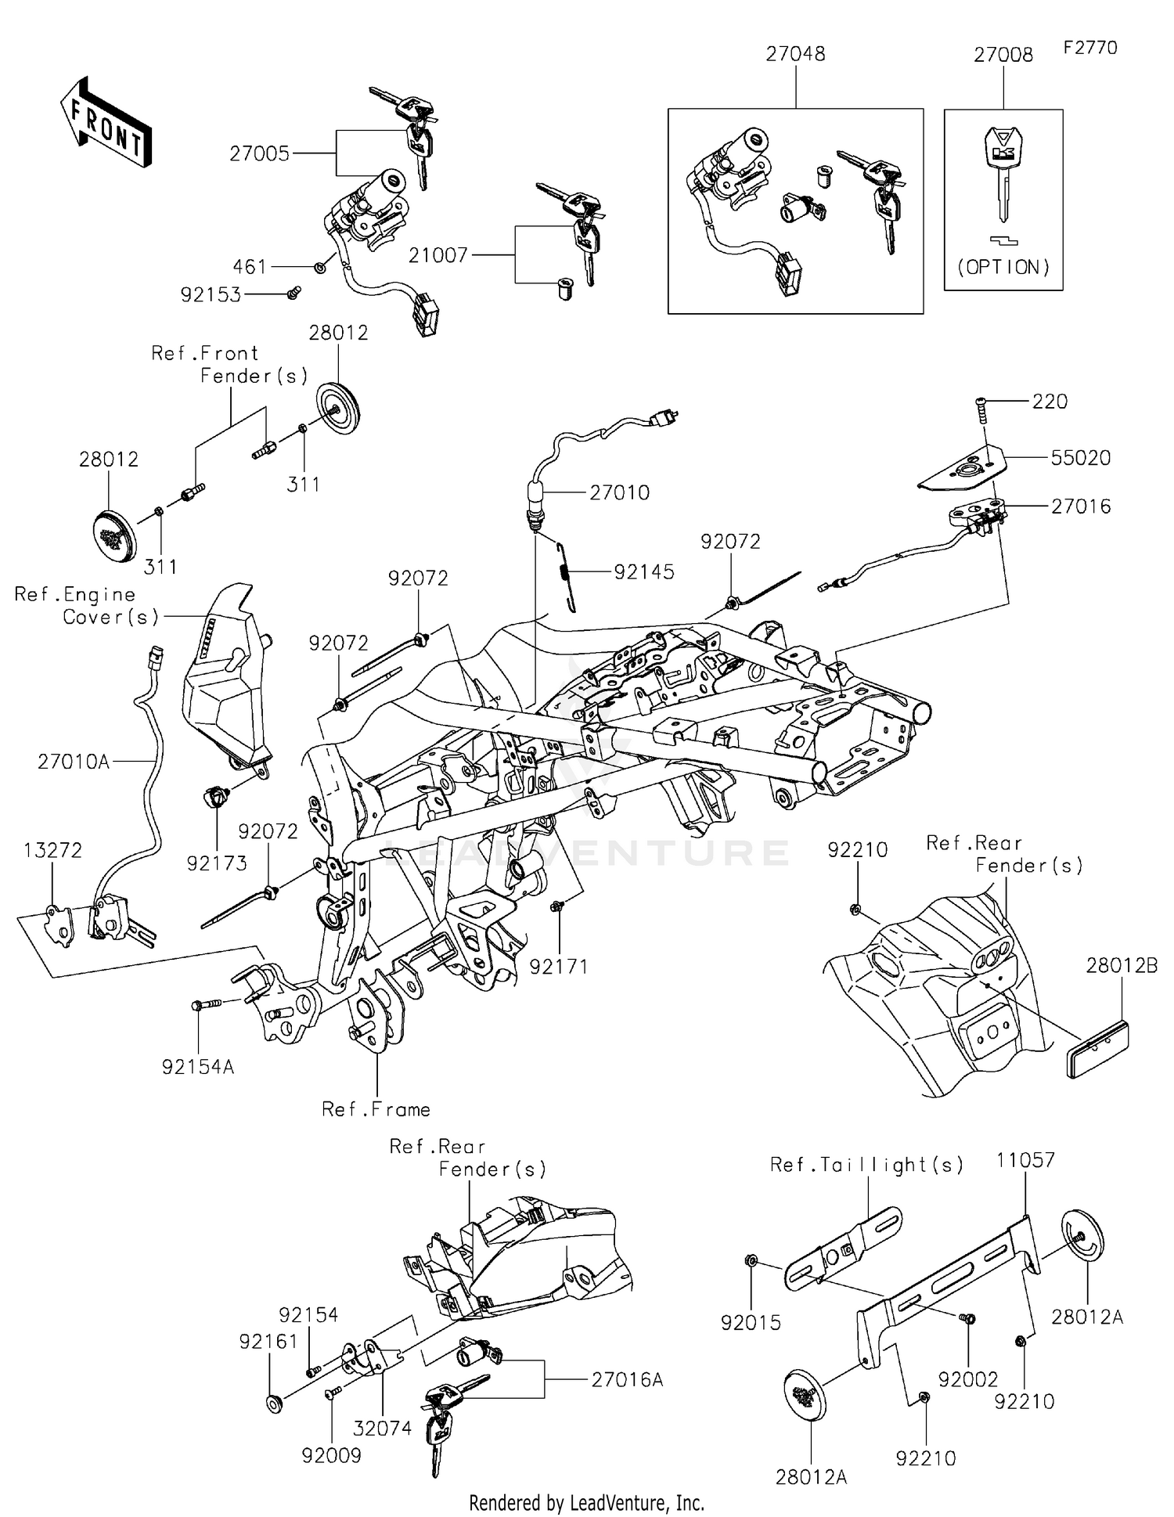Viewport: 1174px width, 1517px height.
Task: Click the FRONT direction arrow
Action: tap(105, 122)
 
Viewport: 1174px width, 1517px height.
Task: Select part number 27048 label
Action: tap(795, 54)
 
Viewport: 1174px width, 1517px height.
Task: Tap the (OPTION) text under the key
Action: tap(1003, 267)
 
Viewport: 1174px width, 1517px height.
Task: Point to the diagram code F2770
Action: tap(1090, 48)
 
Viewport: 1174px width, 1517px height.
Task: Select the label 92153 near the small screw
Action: tap(211, 295)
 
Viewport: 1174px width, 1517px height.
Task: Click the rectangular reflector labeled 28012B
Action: tap(1098, 1048)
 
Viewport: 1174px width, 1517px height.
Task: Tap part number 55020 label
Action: tap(1080, 458)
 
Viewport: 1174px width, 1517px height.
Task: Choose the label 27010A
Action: tap(74, 761)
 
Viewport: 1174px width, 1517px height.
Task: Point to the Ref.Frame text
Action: tap(376, 1109)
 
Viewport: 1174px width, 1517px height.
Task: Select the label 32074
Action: tap(382, 1428)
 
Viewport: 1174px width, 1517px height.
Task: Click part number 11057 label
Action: tap(1025, 1160)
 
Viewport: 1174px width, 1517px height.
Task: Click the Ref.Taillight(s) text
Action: tap(866, 1165)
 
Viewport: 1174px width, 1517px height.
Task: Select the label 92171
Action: tap(558, 967)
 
